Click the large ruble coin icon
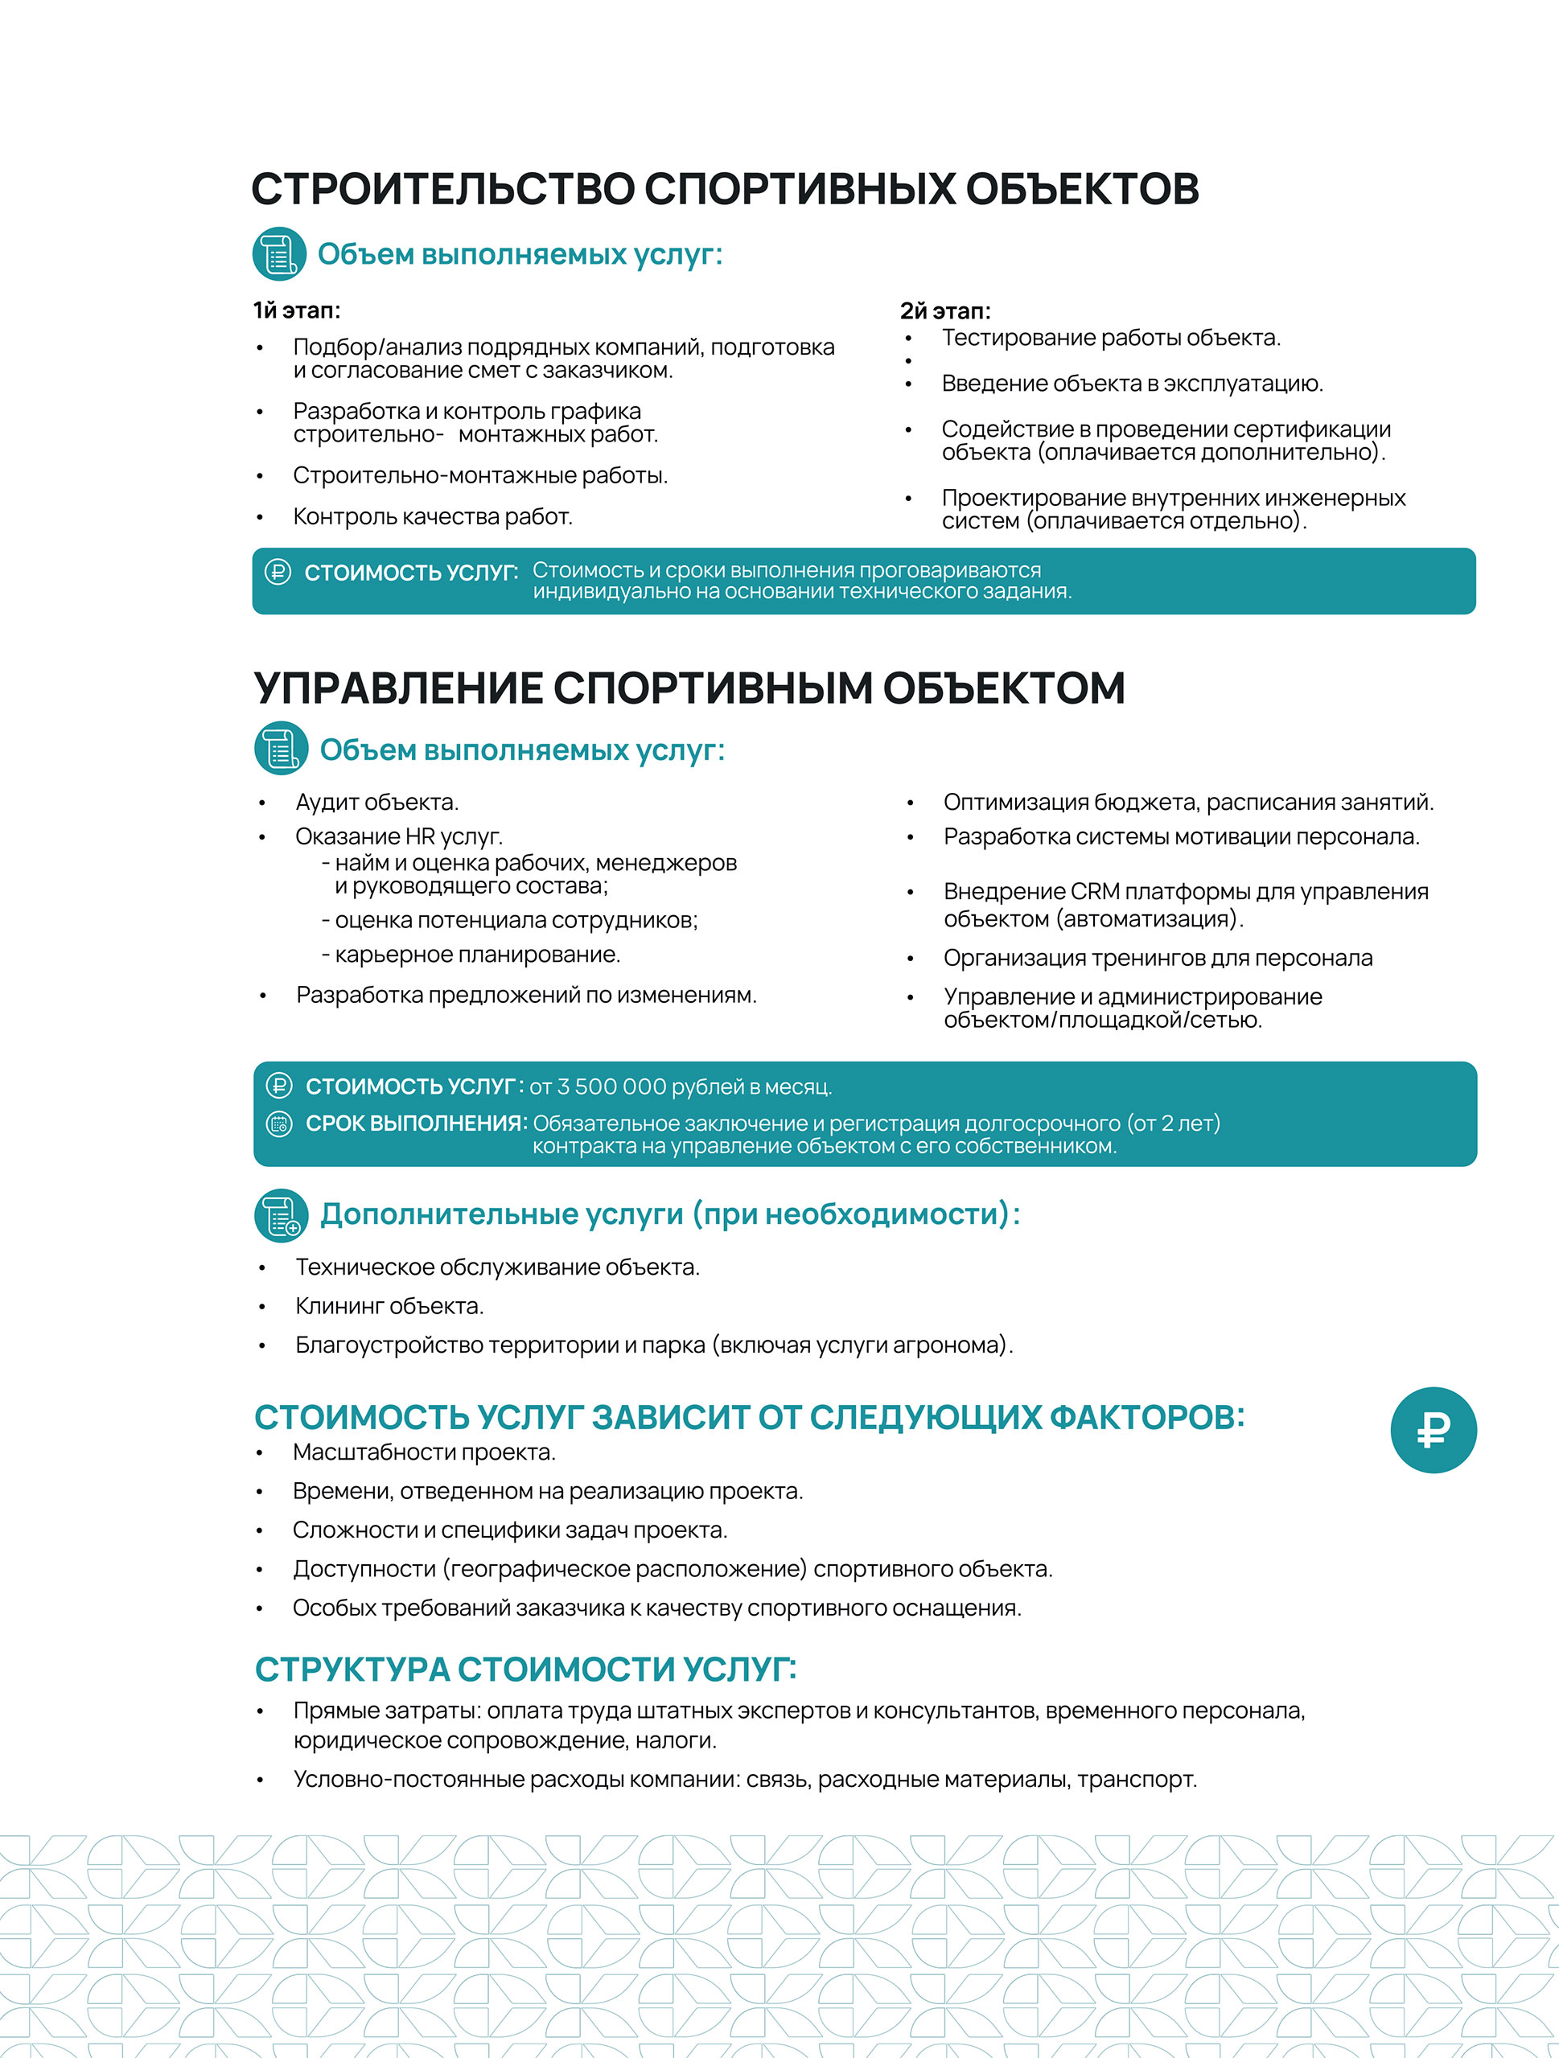tap(1433, 1430)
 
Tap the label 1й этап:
tap(296, 310)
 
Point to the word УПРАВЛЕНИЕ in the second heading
tap(398, 689)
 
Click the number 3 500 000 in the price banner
tap(611, 1087)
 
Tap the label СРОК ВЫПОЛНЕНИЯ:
tap(416, 1124)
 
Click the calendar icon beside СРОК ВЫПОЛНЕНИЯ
tap(278, 1124)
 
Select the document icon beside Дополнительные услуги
tap(281, 1215)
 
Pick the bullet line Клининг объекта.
tap(389, 1306)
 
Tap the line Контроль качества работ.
tap(432, 516)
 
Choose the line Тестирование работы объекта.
tap(1110, 338)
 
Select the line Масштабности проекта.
tap(423, 1452)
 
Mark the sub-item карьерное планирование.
tap(476, 955)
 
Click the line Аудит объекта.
tap(377, 802)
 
